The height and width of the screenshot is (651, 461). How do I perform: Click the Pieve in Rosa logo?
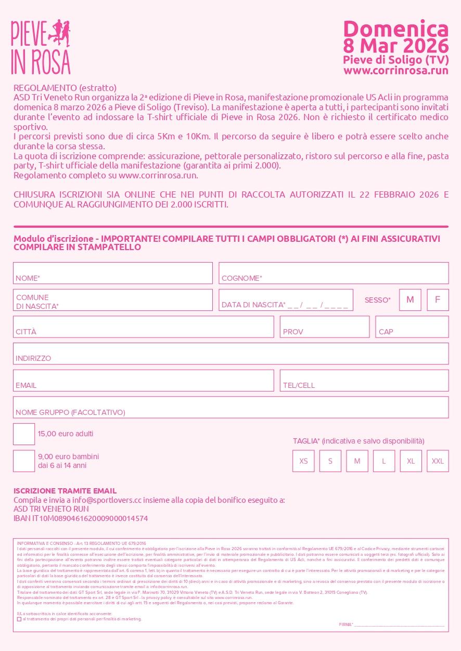[x=41, y=47]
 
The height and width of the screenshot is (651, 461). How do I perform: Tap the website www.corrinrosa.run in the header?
[x=395, y=71]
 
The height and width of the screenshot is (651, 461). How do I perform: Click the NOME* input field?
[x=113, y=273]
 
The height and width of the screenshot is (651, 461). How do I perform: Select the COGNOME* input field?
[x=334, y=273]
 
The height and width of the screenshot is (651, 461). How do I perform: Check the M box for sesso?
[x=410, y=300]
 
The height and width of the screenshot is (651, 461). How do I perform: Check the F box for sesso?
[x=438, y=300]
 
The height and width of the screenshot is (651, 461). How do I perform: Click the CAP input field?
[x=412, y=327]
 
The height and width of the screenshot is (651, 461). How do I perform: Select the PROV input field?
[x=325, y=327]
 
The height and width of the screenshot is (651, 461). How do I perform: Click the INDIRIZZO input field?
[x=230, y=354]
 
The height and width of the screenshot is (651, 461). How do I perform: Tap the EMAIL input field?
[x=143, y=381]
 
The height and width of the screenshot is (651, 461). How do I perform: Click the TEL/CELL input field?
[x=364, y=381]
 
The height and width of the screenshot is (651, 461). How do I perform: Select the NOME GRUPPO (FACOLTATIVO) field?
[x=230, y=407]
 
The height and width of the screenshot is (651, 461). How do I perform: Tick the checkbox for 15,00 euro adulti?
[x=24, y=434]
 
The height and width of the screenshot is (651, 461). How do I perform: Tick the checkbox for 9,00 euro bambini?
[x=24, y=461]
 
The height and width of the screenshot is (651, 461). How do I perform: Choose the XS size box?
[x=303, y=461]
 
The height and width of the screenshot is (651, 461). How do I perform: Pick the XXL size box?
[x=438, y=461]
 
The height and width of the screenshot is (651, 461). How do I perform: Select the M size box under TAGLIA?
[x=357, y=461]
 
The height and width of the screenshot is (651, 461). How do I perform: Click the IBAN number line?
[x=81, y=518]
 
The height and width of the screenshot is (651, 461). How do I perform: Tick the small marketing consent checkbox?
[x=19, y=619]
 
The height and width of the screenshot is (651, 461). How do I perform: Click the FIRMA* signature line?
[x=399, y=624]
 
